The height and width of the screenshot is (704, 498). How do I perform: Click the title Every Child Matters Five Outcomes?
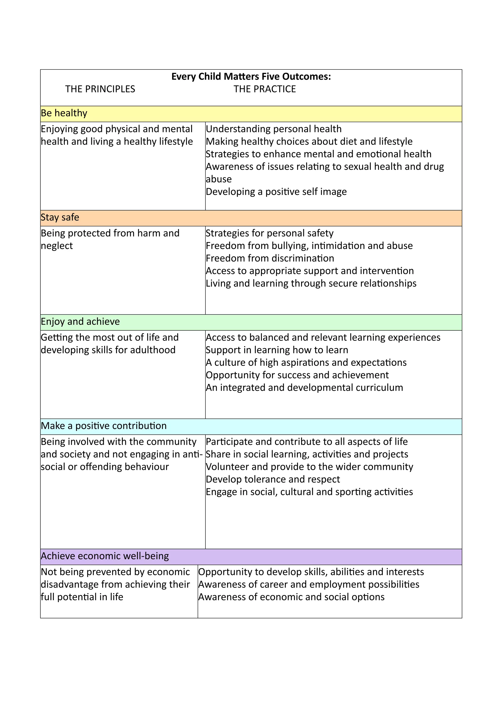[x=251, y=76]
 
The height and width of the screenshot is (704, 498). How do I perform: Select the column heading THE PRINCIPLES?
[x=100, y=89]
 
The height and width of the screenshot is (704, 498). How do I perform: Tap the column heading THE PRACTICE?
[x=264, y=89]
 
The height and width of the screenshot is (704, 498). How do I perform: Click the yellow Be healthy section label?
[x=64, y=113]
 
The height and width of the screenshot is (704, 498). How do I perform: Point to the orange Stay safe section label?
[x=60, y=217]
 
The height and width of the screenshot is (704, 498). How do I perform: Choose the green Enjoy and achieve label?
[x=80, y=322]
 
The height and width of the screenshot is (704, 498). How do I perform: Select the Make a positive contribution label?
[x=104, y=426]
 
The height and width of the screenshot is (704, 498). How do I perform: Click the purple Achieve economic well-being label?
[x=105, y=556]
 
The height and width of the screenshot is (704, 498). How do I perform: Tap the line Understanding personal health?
[x=274, y=129]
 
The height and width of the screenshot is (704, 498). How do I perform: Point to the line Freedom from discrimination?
[x=270, y=258]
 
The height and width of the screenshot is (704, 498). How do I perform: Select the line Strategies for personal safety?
[x=269, y=233]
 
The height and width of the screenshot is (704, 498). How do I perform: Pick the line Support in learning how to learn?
[x=277, y=350]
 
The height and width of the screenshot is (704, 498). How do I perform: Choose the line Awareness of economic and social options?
[x=291, y=597]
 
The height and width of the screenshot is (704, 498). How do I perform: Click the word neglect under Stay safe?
[x=57, y=246]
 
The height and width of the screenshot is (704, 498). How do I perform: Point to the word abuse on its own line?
[x=219, y=179]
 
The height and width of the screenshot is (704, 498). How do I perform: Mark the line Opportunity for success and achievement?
[x=297, y=375]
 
